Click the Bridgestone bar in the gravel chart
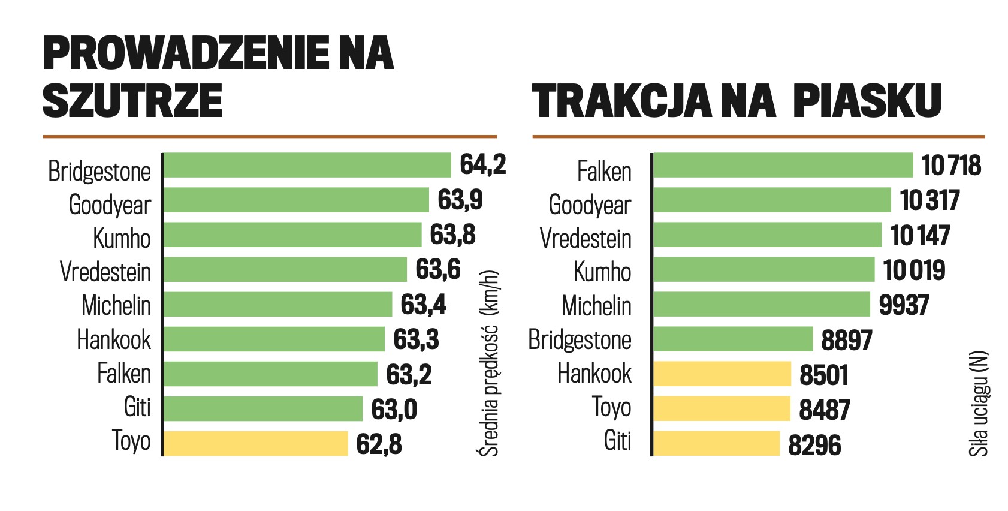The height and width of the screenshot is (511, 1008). pos(307,166)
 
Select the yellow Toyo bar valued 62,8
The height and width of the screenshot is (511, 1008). pos(256,444)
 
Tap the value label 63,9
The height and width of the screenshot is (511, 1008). pos(460,200)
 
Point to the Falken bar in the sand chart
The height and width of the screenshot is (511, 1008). pos(783,166)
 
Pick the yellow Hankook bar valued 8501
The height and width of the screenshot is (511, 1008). pos(722,374)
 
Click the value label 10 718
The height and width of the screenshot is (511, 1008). pos(951,166)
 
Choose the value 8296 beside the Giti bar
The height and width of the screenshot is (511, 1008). pos(814,445)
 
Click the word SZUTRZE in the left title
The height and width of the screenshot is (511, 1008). pos(132,100)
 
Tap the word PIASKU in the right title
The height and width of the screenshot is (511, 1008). pos(867,100)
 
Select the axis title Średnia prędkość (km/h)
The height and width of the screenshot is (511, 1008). pos(490,363)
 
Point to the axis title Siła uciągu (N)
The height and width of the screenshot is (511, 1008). pos(978,404)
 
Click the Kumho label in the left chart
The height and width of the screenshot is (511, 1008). pos(122,238)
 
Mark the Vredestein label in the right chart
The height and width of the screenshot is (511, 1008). pos(586,238)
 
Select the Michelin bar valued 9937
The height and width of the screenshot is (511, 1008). pos(761,305)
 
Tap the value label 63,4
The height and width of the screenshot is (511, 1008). pos(423,305)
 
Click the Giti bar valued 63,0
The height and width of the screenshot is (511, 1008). pos(263,409)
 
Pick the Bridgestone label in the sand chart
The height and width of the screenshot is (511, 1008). pos(580,340)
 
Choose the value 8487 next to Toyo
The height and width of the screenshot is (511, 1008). pos(825,410)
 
